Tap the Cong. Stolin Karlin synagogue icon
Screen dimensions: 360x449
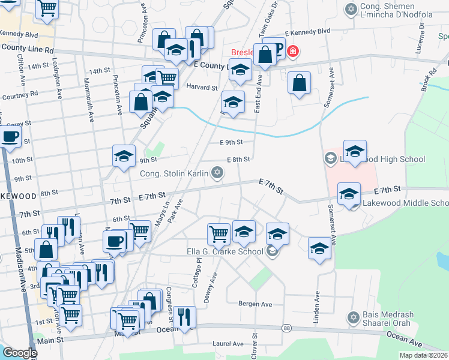pos(217,173)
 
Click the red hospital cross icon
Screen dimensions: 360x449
pos(292,52)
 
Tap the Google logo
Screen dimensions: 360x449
pos(20,352)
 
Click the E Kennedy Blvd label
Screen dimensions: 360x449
pos(307,31)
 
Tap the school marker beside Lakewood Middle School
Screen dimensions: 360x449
pos(349,194)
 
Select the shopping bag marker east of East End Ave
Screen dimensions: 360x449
pos(299,83)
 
